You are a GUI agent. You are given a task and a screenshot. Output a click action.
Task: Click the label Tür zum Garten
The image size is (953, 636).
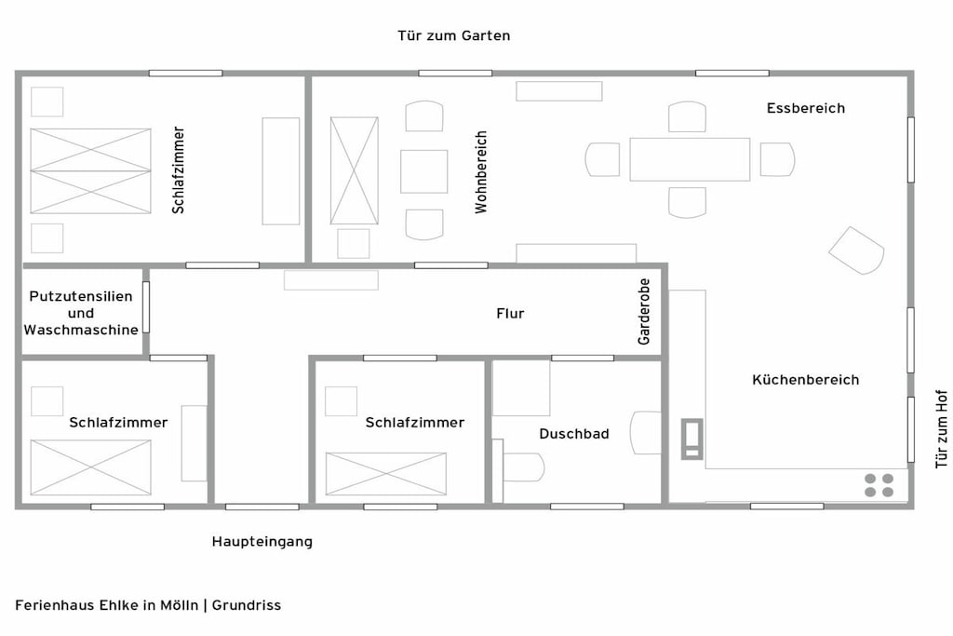453,36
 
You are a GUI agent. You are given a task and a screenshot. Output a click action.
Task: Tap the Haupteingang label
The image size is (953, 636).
262,541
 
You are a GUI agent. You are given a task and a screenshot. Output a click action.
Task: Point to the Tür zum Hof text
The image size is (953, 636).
942,428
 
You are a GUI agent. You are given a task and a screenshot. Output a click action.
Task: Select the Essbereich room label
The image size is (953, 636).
805,108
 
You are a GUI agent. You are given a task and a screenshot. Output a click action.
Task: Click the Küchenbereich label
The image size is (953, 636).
805,380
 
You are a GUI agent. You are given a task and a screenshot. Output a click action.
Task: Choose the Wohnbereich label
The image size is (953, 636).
481,172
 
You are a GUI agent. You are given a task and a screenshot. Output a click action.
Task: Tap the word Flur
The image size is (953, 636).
510,313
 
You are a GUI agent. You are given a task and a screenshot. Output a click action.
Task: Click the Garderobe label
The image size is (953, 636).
644,311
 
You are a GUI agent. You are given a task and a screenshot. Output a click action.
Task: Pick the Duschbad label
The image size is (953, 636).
573,434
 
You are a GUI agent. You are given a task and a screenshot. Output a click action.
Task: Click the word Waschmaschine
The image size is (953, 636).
81,330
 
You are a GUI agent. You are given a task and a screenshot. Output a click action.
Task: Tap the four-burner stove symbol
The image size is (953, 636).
879,485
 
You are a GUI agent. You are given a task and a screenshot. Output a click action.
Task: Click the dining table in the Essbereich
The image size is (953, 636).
690,159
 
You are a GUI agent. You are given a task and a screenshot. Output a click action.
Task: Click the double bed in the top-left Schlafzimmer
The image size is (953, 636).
90,170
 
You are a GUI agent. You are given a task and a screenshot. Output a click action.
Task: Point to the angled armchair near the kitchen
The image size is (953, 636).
856,250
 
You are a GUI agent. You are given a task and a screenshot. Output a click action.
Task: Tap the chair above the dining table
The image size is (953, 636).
688,116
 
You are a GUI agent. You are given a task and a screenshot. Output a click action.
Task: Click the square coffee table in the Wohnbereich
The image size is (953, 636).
423,171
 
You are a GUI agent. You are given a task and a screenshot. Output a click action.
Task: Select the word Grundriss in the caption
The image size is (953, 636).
246,605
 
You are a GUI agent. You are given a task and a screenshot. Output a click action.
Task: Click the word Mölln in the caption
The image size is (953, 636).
180,605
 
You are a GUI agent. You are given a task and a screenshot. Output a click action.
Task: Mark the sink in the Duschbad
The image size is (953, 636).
646,433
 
